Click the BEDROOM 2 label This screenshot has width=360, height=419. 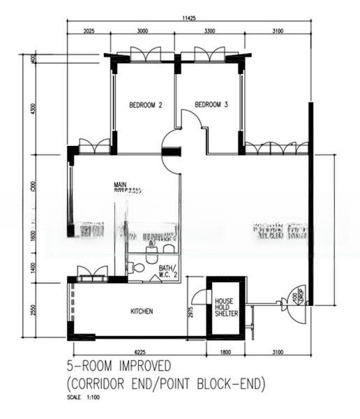click(146, 105)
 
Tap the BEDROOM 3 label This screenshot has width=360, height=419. click(211, 105)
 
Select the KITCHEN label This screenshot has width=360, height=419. click(142, 311)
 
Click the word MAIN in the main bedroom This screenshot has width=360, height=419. click(121, 185)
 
